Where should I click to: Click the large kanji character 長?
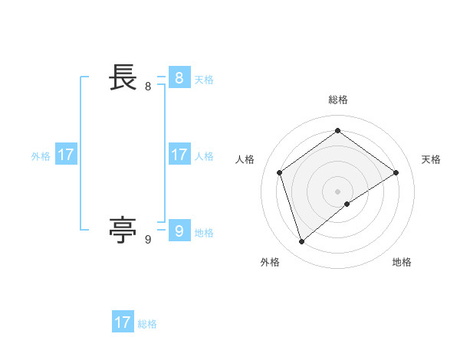[x=123, y=77]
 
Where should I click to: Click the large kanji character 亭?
[x=123, y=229]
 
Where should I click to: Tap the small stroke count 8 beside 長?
[x=148, y=87]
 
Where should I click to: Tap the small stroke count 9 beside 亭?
[x=148, y=240]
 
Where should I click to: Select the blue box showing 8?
[x=179, y=78]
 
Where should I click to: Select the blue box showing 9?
[x=179, y=231]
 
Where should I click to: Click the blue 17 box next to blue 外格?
[x=66, y=155]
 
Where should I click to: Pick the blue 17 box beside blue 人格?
[x=179, y=155]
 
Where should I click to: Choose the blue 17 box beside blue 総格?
[x=123, y=322]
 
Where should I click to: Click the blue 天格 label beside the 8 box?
[x=204, y=80]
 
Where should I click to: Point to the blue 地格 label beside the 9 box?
[x=204, y=233]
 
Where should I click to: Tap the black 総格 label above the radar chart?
[x=337, y=100]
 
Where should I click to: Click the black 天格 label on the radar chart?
[x=431, y=159]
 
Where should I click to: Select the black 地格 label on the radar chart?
[x=402, y=263]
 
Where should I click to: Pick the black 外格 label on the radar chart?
[x=270, y=263]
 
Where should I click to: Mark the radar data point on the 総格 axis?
[x=337, y=130]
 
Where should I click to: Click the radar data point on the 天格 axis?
[x=396, y=172]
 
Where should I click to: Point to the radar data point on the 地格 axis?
[x=347, y=204]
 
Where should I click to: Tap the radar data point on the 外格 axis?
[x=301, y=242]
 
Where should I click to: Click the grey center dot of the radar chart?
[x=337, y=191]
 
